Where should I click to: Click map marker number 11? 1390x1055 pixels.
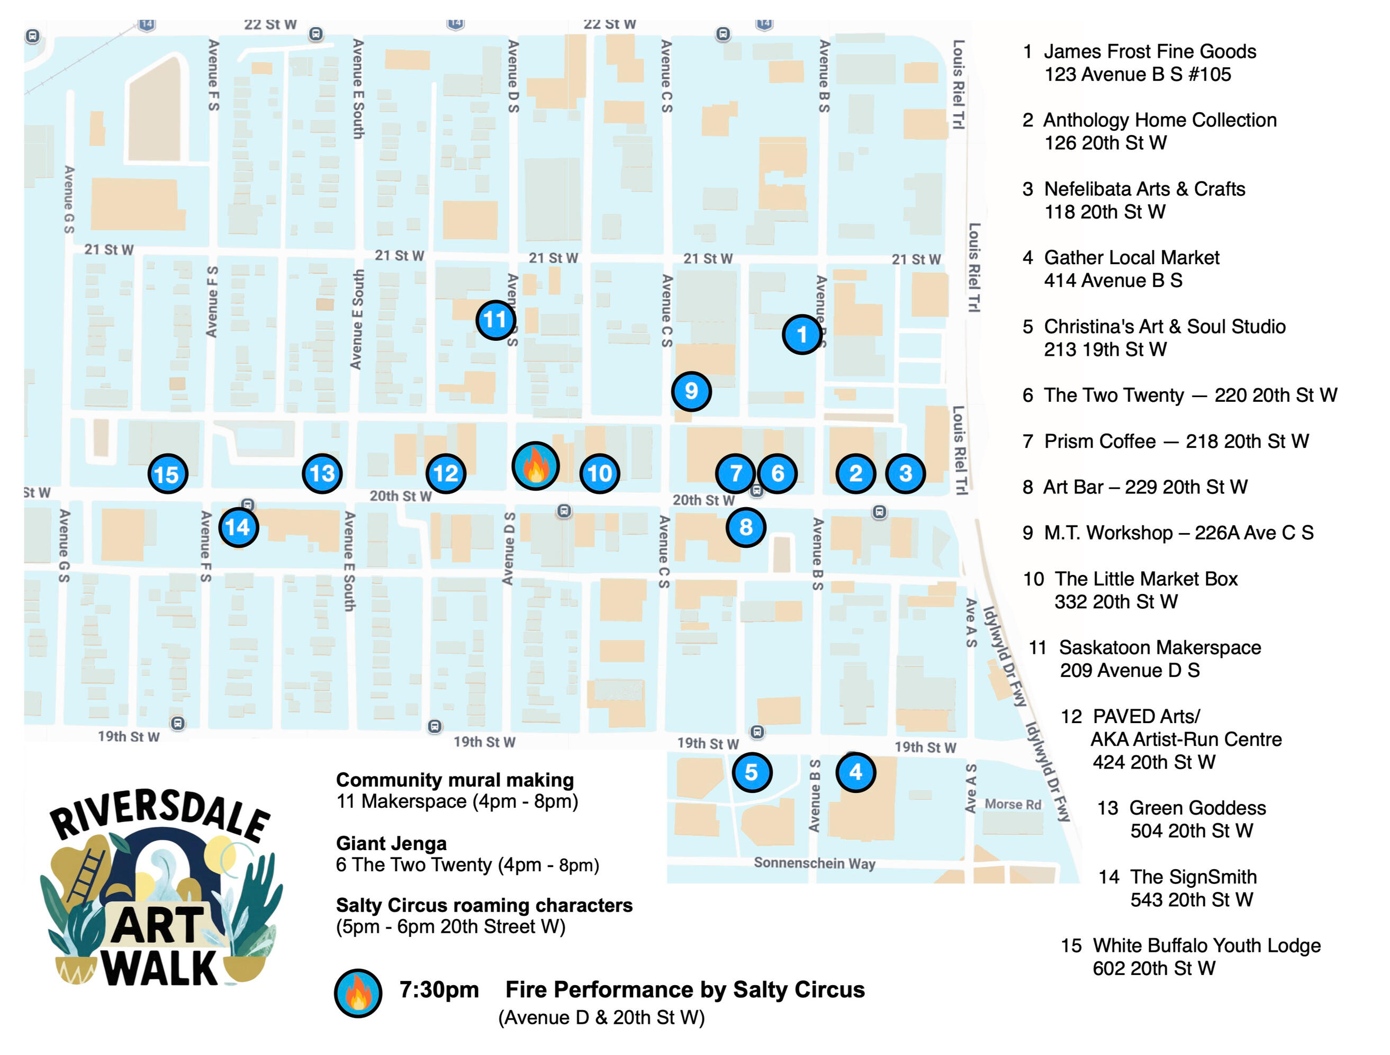495,320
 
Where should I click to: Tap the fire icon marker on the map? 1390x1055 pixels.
535,466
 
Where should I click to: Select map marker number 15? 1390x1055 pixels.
168,474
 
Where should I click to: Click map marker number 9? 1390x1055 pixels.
691,391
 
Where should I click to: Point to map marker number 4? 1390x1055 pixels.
855,772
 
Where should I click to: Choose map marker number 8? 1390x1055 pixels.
745,527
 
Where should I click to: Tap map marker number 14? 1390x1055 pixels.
238,527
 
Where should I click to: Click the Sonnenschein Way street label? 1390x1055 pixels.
815,863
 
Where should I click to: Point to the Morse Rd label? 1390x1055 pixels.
1013,804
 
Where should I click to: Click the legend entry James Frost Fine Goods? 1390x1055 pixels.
1149,51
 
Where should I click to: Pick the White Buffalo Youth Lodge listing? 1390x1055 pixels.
1206,945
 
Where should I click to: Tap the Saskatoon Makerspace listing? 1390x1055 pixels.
1159,647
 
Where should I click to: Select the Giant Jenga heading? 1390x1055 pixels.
391,843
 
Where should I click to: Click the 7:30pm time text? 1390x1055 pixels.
439,990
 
